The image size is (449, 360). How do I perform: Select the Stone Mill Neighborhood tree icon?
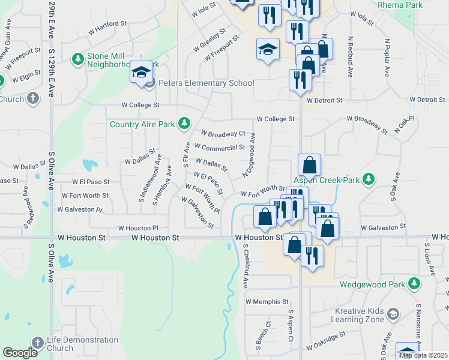tap(77, 59)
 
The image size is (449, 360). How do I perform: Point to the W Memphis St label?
tap(267, 302)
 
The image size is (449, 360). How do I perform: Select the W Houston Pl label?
tap(137, 228)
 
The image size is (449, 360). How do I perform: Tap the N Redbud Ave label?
tap(349, 56)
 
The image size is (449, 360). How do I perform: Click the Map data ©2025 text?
tap(423, 355)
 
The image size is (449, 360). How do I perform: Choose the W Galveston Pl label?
tap(80, 209)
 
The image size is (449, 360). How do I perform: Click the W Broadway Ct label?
tap(223, 133)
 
